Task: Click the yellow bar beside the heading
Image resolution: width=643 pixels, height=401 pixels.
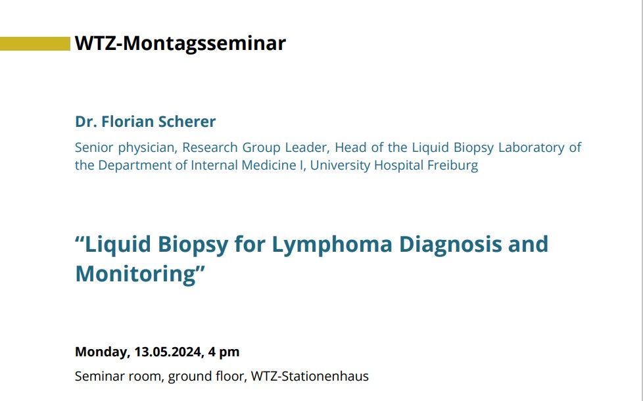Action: pos(36,44)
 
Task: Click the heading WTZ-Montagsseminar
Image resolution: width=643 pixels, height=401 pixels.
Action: pos(180,43)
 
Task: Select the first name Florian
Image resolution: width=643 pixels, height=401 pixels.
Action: pos(128,122)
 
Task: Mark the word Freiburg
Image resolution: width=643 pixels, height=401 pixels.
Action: pos(453,165)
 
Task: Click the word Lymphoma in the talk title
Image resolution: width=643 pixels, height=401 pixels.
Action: pos(332,245)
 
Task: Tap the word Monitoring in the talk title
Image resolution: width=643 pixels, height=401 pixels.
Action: pos(137,274)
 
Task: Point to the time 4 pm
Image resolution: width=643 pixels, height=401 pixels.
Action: pos(224,352)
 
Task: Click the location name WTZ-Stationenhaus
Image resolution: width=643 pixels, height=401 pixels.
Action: pos(310,376)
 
